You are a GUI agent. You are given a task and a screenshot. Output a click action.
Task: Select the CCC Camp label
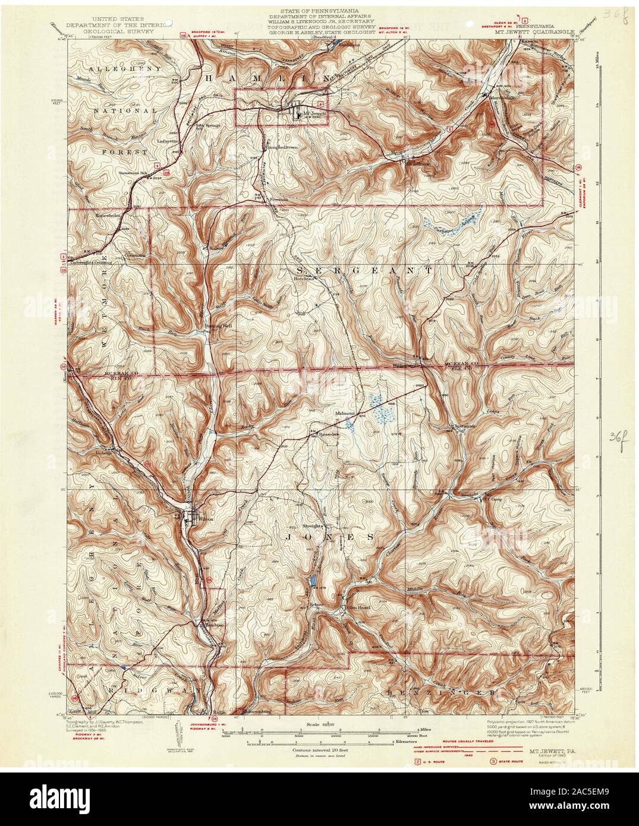(493, 499)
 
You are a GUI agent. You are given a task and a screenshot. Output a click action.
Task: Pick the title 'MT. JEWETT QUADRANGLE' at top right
(528, 33)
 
